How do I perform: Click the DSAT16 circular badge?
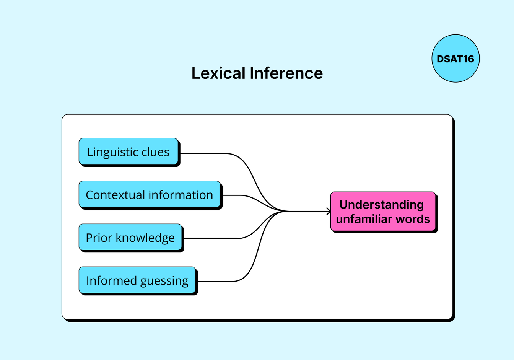click(x=455, y=59)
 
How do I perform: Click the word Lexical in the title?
click(x=218, y=73)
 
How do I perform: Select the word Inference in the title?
click(x=286, y=73)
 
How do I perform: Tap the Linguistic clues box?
click(x=128, y=151)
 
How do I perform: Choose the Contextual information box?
click(x=150, y=194)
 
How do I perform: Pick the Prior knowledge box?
click(x=130, y=237)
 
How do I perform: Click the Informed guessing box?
click(x=137, y=280)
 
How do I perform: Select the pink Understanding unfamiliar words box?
click(x=383, y=211)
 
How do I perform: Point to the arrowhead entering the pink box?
click(x=329, y=211)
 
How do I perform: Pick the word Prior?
click(x=99, y=238)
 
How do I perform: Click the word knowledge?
click(x=145, y=238)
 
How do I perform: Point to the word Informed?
click(x=111, y=280)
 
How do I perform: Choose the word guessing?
click(x=164, y=281)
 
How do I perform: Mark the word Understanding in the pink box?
click(x=381, y=205)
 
